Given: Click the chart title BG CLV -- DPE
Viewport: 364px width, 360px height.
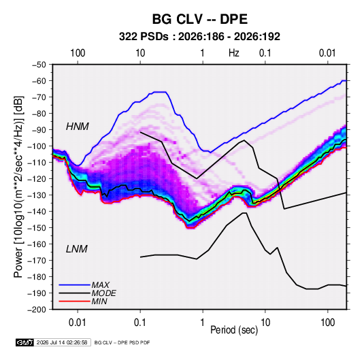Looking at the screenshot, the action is [x=200, y=19].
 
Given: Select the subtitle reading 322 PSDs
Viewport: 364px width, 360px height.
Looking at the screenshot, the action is [x=144, y=37].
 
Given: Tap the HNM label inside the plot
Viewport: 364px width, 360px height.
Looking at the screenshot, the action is [x=78, y=127].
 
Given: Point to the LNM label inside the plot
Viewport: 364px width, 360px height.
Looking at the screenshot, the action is [x=77, y=249].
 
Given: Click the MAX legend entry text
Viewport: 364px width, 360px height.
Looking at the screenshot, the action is [x=100, y=285].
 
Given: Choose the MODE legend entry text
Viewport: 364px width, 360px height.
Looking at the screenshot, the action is [x=104, y=293].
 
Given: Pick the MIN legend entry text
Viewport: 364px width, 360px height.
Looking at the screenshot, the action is [x=99, y=301].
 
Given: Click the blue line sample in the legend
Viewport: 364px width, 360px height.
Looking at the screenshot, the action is [x=75, y=285].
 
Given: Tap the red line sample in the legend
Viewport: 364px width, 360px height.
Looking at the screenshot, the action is [x=75, y=301].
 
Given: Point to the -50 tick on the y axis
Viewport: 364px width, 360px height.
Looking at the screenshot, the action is [x=39, y=65].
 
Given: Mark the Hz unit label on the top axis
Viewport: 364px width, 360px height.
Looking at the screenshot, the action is [x=234, y=53].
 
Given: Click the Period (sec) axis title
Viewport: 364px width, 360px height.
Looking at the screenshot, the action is [x=234, y=330].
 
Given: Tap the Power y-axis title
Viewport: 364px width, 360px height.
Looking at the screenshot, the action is [x=18, y=187].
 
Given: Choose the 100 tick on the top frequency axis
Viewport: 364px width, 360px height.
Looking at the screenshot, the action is [x=78, y=53].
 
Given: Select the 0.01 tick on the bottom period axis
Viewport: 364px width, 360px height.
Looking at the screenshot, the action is [x=78, y=323].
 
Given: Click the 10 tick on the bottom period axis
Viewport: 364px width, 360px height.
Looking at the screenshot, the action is [x=265, y=323].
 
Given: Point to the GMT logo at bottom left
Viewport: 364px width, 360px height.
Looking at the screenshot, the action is [x=24, y=342].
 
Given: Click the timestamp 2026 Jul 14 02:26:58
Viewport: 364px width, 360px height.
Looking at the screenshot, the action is [x=62, y=342].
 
